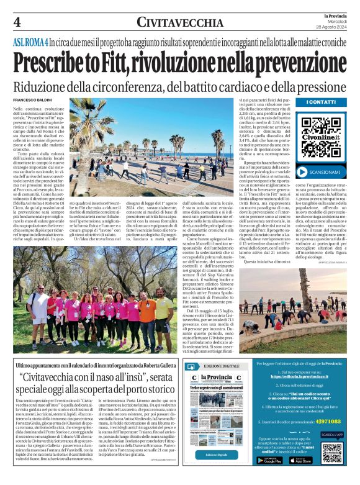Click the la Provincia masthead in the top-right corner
coord(330,15)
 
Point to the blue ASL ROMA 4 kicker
coord(30,43)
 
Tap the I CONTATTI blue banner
coord(321,102)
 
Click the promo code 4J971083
coord(325,421)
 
